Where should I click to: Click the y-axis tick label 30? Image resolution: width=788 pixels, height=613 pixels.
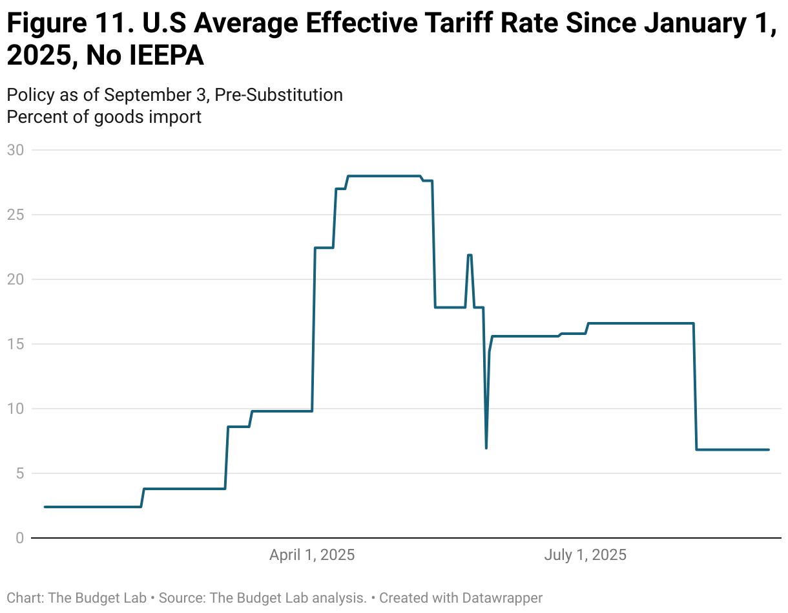15,150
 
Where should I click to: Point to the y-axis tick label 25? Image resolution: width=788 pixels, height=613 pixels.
15,215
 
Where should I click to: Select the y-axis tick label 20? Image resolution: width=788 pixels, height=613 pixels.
15,279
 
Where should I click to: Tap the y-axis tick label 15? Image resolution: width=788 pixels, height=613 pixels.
15,344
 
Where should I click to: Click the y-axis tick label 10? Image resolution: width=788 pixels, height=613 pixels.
15,409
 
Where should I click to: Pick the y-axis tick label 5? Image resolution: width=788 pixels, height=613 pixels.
19,473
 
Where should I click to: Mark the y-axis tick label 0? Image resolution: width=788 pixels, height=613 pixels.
19,538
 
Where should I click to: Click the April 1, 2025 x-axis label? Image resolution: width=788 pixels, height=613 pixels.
312,555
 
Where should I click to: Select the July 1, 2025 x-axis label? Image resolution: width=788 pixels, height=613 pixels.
585,555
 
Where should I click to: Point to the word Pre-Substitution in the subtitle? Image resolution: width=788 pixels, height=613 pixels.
278,95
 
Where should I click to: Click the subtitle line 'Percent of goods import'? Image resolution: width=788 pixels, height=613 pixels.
104,117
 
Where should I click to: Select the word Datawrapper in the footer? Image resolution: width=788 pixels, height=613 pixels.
502,597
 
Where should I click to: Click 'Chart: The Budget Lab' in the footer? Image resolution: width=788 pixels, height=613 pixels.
76,597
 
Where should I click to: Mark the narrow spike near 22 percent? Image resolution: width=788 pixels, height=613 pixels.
470,255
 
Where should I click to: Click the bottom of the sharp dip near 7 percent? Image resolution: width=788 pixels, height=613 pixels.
486,447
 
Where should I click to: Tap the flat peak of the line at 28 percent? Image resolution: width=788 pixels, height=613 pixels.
384,176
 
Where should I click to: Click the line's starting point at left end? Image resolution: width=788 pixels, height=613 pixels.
45,507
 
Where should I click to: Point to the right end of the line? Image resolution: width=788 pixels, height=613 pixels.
769,449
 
